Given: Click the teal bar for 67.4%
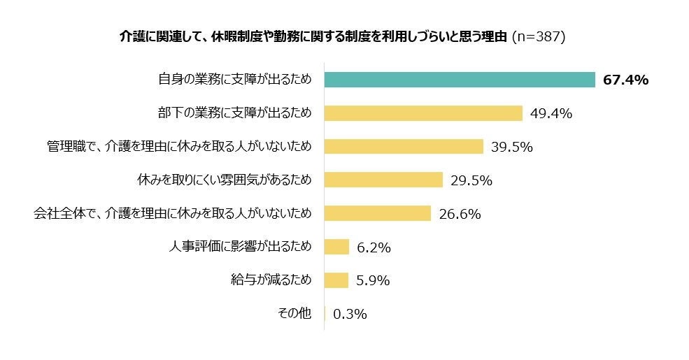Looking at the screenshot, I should (x=460, y=80).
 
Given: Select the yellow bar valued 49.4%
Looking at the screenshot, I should (x=423, y=113).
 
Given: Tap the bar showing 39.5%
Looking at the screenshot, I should (x=404, y=146).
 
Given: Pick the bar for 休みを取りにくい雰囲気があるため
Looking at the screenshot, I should (x=383, y=180).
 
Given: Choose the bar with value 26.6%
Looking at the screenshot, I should (x=377, y=213).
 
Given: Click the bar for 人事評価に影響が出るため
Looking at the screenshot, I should (x=336, y=247).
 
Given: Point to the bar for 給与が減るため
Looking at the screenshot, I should (x=336, y=280).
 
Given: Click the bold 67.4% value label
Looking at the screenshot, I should (x=625, y=80).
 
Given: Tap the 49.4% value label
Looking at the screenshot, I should (x=551, y=113).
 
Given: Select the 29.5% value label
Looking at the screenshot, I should (x=471, y=180).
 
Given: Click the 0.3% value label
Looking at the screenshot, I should (x=350, y=315).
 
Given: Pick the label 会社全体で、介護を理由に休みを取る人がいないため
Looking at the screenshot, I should (x=172, y=213).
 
